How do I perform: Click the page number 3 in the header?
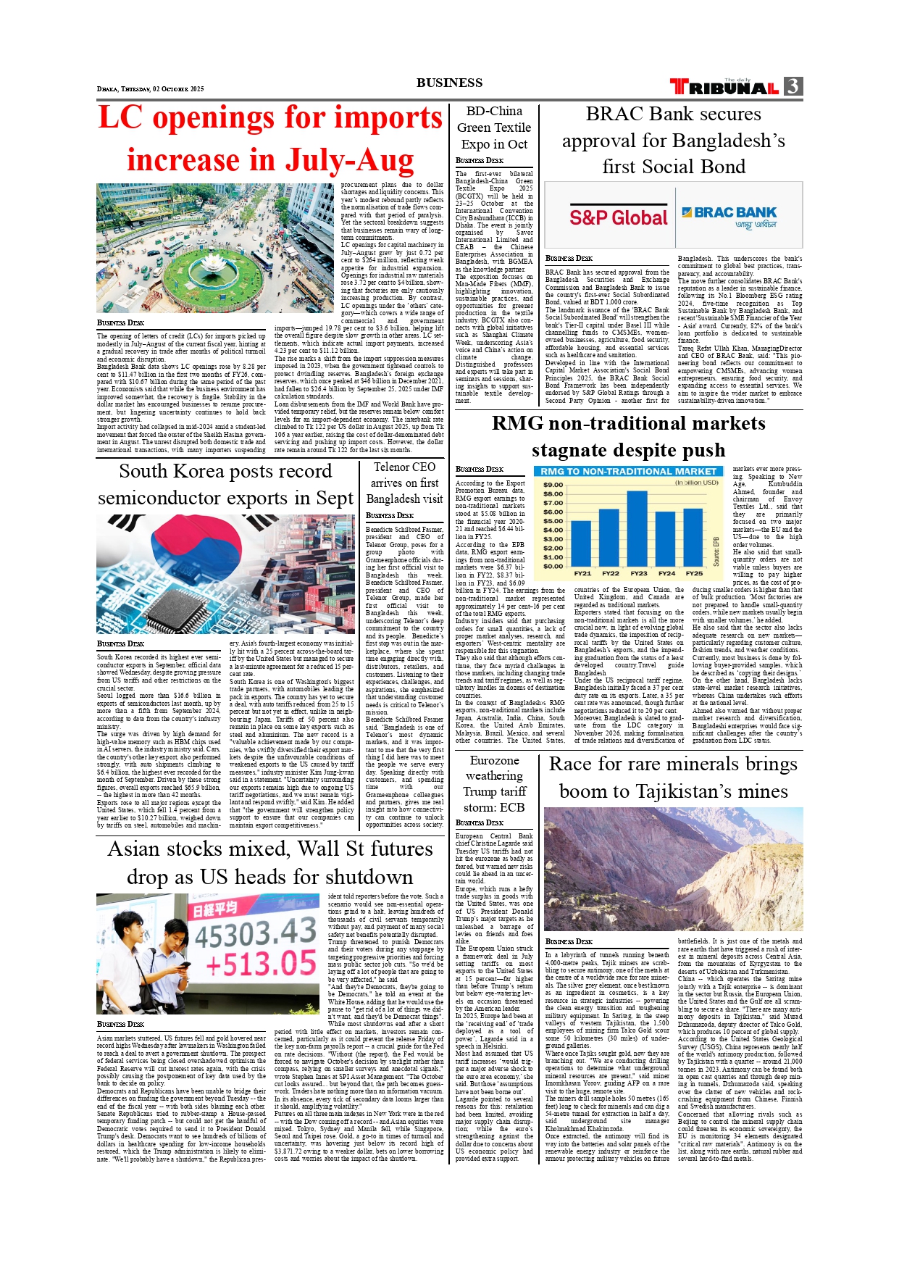(793, 86)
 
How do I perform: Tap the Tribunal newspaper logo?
(724, 88)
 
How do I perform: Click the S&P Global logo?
(618, 217)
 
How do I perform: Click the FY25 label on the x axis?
(694, 573)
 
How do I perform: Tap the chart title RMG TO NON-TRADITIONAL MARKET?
(628, 472)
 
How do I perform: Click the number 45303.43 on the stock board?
(255, 933)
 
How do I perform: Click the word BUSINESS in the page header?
(449, 83)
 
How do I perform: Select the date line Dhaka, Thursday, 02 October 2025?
(151, 89)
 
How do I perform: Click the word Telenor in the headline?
(391, 467)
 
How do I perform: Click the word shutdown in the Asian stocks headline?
(345, 877)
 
